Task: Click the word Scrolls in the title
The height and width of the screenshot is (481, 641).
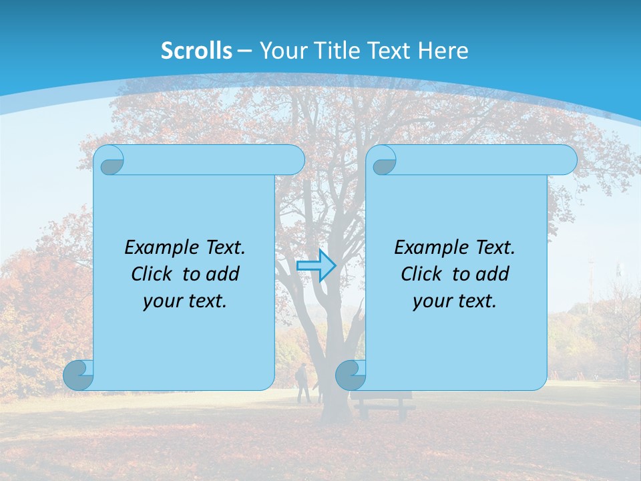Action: [196, 51]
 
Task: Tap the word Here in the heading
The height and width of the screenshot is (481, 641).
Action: [443, 51]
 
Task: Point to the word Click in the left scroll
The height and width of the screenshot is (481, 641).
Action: [152, 274]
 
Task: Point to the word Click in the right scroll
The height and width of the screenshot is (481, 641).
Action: [421, 274]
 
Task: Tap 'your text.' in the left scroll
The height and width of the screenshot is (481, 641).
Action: [185, 301]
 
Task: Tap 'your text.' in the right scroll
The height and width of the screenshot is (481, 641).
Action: [455, 301]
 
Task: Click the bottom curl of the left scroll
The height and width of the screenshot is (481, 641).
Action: [79, 375]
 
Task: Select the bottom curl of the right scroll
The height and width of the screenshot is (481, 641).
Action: [351, 375]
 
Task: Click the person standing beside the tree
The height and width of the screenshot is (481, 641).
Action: [303, 383]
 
